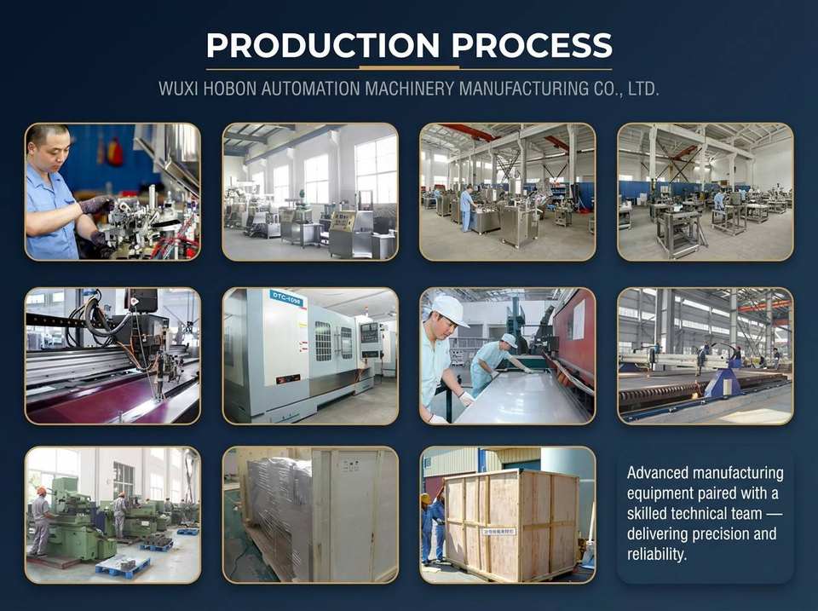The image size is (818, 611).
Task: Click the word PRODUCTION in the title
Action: [323, 45]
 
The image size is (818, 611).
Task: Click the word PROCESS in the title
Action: [532, 45]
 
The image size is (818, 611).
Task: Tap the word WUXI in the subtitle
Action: [178, 89]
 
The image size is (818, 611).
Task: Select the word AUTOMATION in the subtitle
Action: [310, 89]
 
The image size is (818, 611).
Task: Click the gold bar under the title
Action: [409, 68]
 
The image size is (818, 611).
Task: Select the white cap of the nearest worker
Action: [449, 311]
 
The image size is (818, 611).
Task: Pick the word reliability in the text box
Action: [656, 554]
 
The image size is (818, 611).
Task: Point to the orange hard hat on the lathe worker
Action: [41, 491]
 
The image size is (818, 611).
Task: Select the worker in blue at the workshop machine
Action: [466, 208]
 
